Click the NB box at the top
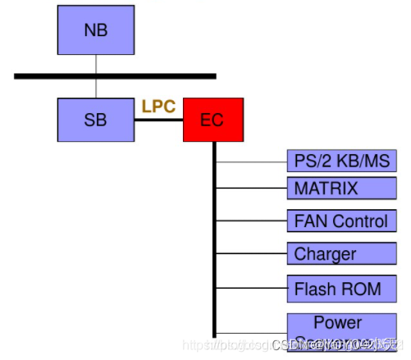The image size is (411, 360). [x=95, y=31]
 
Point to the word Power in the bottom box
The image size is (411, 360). [x=337, y=322]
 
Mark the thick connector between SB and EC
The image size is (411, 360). [x=158, y=121]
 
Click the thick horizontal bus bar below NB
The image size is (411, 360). [x=115, y=76]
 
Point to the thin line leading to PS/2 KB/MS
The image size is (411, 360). [x=251, y=162]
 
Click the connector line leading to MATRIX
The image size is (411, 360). [x=251, y=189]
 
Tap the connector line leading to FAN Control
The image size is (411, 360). [x=251, y=221]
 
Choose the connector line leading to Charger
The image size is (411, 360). [x=251, y=253]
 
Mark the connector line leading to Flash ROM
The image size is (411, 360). [x=251, y=289]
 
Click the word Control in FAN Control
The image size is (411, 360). [x=358, y=221]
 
